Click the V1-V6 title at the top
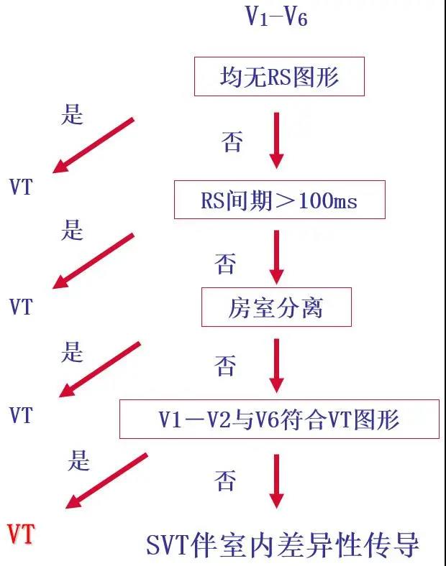pyautogui.click(x=276, y=17)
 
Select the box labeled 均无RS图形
pyautogui.click(x=279, y=77)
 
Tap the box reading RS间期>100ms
pyautogui.click(x=279, y=200)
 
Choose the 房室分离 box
pyautogui.click(x=276, y=307)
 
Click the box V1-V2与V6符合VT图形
pyautogui.click(x=279, y=419)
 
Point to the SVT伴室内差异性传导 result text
pyautogui.click(x=283, y=544)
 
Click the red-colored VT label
pyautogui.click(x=21, y=535)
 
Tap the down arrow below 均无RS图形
pyautogui.click(x=276, y=139)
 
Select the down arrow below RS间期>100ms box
pyautogui.click(x=276, y=256)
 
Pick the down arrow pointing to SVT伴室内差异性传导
pyautogui.click(x=276, y=480)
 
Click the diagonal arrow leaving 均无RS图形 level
pyautogui.click(x=94, y=145)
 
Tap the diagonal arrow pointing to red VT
pyautogui.click(x=106, y=481)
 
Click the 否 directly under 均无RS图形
pyautogui.click(x=232, y=141)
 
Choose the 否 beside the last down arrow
pyautogui.click(x=225, y=480)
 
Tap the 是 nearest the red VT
pyautogui.click(x=78, y=460)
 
